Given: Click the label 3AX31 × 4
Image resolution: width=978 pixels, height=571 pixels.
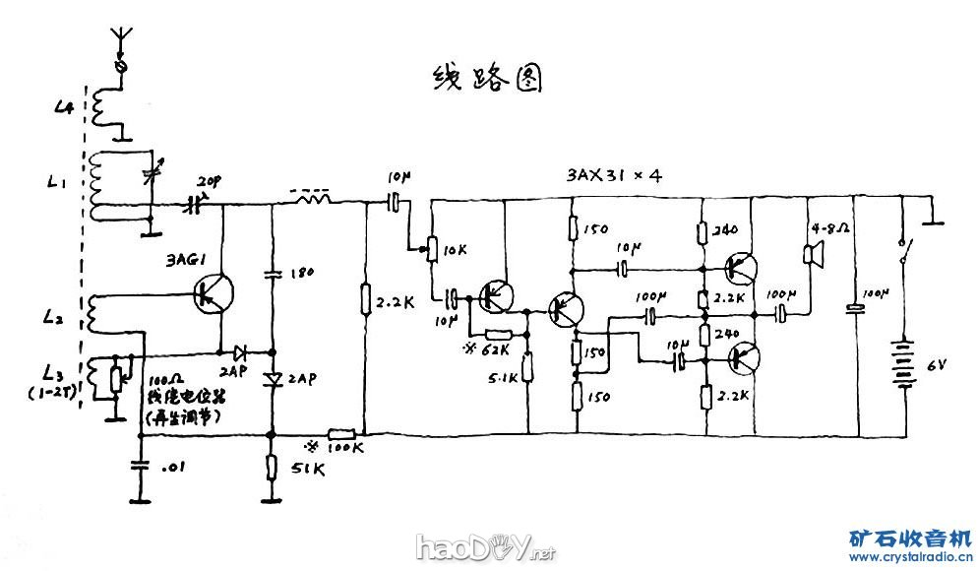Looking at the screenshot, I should click(x=614, y=175).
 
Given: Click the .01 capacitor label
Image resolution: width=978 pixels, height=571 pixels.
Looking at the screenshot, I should click(x=174, y=468).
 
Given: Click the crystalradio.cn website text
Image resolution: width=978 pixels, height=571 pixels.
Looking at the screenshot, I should click(x=910, y=558).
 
